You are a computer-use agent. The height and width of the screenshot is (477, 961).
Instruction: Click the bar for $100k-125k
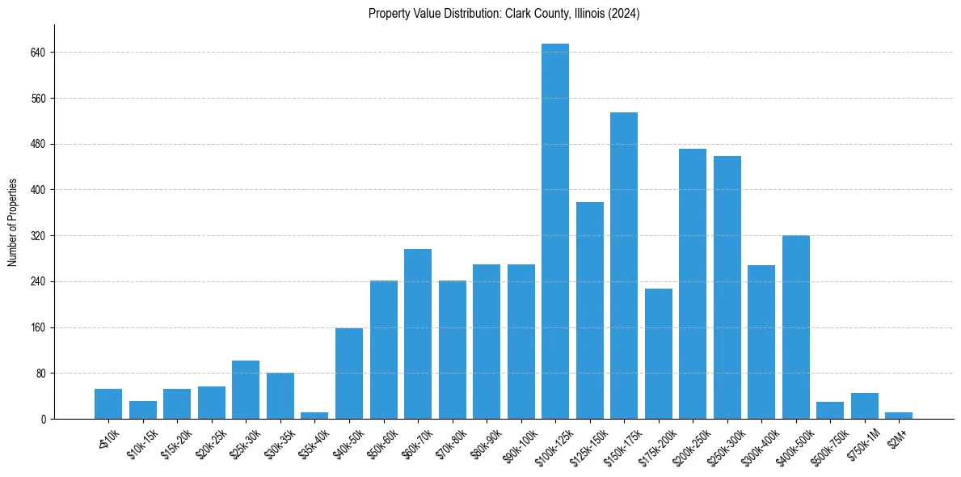coord(555,231)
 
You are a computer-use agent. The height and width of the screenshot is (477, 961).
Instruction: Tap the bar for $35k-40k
coord(314,416)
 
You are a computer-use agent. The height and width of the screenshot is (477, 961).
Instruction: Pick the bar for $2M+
coord(899,416)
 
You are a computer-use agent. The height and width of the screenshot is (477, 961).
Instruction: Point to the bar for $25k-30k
coord(246,390)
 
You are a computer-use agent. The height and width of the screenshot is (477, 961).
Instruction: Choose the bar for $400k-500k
coord(796,327)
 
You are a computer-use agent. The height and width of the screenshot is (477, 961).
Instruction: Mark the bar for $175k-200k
coord(659,354)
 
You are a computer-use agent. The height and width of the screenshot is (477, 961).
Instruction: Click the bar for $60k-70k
coord(418,334)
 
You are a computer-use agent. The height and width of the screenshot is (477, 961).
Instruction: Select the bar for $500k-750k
coord(830,411)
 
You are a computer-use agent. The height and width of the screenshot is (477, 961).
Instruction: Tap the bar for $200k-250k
coord(693,284)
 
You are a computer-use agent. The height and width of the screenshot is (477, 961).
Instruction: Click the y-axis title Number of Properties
coord(13,222)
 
